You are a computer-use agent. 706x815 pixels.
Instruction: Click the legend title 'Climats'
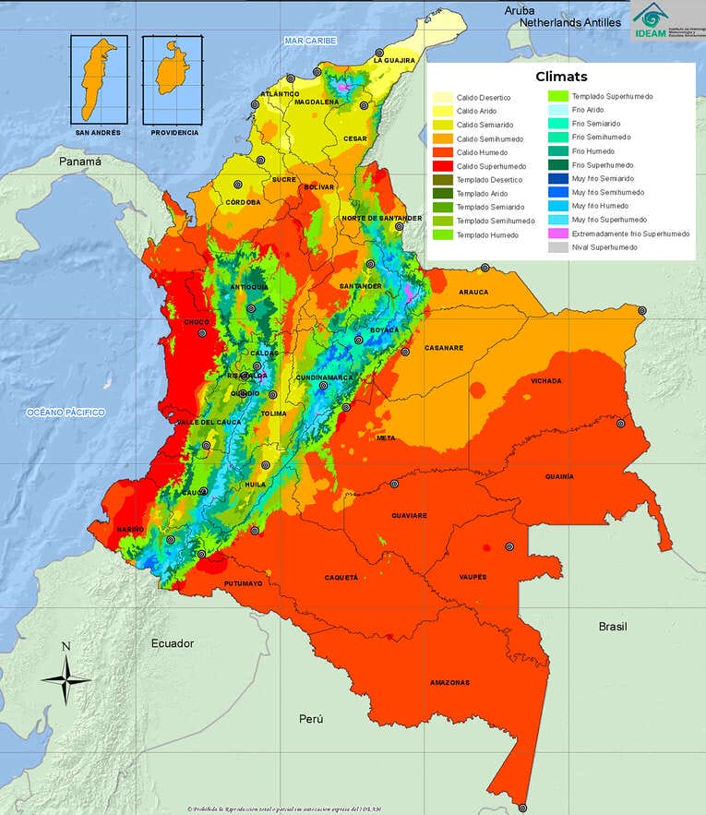(x=561, y=77)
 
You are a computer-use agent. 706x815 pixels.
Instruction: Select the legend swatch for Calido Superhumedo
(x=443, y=165)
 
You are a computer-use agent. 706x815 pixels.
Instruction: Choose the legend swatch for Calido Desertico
(x=443, y=97)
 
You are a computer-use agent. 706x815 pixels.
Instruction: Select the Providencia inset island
(x=171, y=72)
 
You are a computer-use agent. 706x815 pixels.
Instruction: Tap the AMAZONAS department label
(x=449, y=683)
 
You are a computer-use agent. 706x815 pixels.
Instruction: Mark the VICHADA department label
(x=545, y=380)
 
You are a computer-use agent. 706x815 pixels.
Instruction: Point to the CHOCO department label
(x=197, y=322)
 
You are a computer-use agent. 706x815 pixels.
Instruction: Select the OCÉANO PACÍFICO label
(x=66, y=412)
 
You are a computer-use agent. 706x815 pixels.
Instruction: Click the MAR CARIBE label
(x=310, y=42)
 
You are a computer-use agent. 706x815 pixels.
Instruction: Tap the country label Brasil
(x=613, y=626)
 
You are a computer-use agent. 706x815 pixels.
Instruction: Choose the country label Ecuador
(x=173, y=643)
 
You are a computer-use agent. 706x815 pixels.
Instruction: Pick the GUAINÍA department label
(x=559, y=476)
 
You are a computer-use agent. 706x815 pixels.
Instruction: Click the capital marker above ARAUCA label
(x=485, y=268)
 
